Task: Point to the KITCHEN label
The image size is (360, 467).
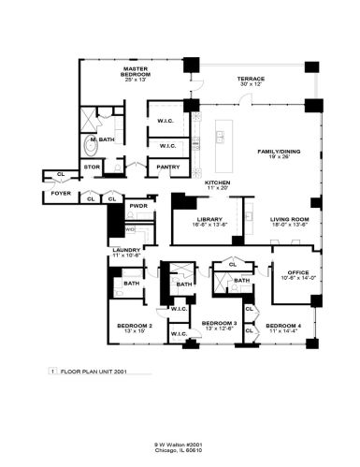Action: [218, 182]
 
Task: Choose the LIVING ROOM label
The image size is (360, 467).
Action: [289, 219]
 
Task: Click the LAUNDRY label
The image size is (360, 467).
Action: [125, 250]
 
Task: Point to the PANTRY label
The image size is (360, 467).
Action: [168, 168]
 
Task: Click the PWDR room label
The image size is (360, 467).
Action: [140, 205]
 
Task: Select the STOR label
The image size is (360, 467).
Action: [92, 168]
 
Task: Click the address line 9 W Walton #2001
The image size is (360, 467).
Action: [180, 445]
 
